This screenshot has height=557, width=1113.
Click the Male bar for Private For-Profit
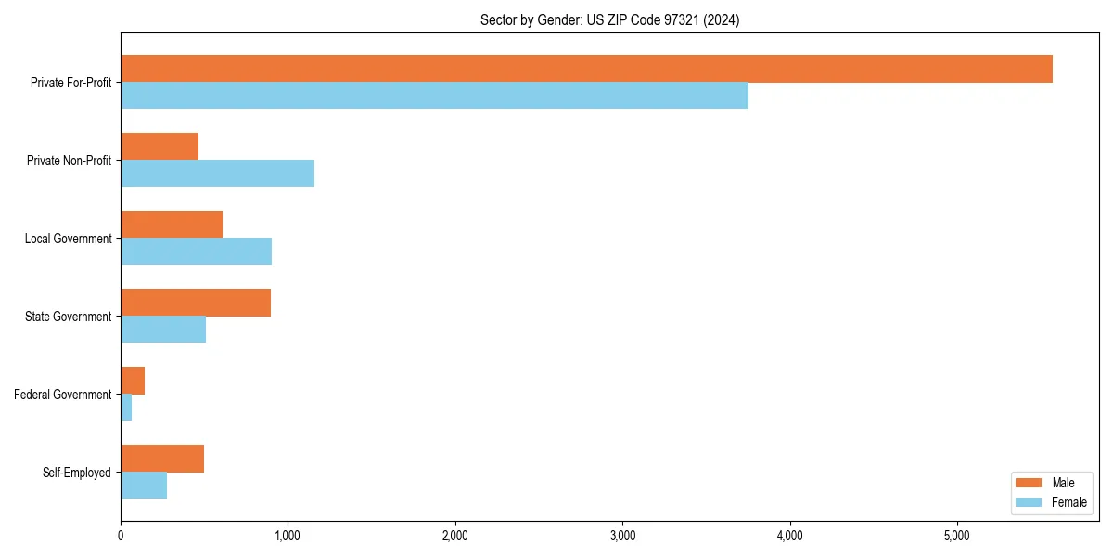point(586,69)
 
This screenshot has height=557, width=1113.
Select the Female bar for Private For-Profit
point(434,96)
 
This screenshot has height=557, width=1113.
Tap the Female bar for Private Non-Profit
point(217,174)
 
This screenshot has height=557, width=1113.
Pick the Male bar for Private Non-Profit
point(160,147)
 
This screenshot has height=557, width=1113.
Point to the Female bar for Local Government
point(196,252)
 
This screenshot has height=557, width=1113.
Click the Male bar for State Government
point(196,303)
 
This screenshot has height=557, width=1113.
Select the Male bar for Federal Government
point(133,381)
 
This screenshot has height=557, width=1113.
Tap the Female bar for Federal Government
point(126,408)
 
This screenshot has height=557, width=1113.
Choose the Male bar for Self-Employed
point(162,459)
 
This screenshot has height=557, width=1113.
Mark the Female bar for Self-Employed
point(144,486)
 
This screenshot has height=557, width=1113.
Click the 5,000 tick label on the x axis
point(957,536)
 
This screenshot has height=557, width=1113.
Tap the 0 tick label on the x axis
point(121,536)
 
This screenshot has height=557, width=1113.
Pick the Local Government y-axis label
point(68,239)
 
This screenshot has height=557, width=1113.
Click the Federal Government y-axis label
point(62,395)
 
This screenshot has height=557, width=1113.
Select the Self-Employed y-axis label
point(76,473)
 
